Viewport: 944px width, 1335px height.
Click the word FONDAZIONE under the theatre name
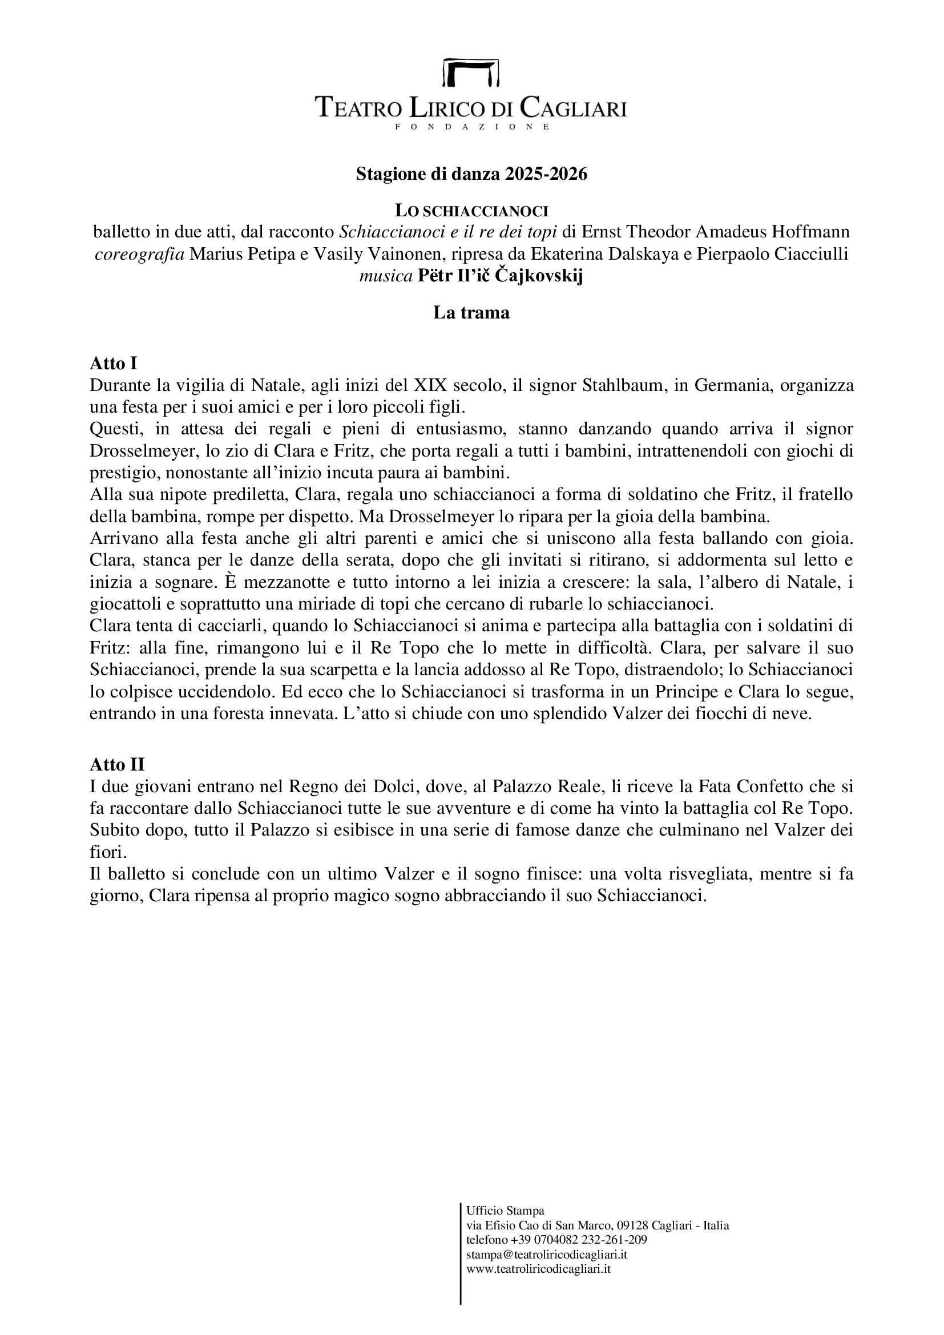click(x=471, y=126)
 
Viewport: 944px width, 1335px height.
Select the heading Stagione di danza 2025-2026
click(x=471, y=175)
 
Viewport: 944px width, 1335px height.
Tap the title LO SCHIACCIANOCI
click(x=471, y=211)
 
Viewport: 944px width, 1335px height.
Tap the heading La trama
click(x=471, y=313)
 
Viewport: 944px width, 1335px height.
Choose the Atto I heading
click(x=114, y=364)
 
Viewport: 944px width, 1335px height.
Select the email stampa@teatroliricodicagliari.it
click(x=546, y=1254)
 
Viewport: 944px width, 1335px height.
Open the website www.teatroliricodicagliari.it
click(x=538, y=1269)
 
